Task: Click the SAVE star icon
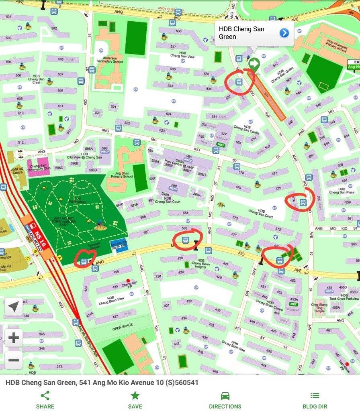point(135,396)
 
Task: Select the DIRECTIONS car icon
point(225,396)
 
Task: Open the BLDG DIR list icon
point(315,396)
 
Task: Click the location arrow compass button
point(14,307)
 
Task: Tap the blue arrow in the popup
point(284,33)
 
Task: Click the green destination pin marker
point(254,64)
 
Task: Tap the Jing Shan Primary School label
point(122,174)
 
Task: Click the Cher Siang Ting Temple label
point(320,308)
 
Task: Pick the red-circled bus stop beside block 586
point(185,240)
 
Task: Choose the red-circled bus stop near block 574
point(303,203)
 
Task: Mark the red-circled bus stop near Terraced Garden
point(83,262)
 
